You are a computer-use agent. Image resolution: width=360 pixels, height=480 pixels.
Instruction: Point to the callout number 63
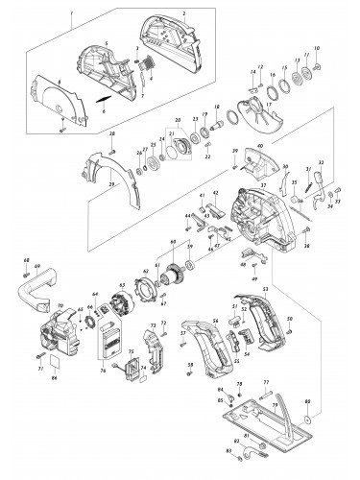122,285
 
